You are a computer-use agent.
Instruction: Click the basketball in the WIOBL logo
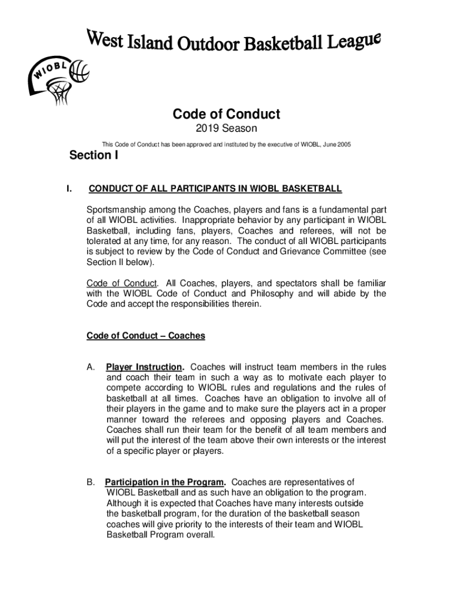point(78,72)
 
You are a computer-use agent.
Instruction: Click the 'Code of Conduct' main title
point(226,113)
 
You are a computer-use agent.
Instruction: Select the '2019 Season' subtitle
point(226,129)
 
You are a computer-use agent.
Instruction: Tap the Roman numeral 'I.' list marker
point(69,189)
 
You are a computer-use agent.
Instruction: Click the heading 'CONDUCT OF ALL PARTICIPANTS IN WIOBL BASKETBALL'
point(215,189)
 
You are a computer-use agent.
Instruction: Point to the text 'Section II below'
point(112,262)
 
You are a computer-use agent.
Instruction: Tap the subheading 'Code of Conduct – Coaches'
point(146,336)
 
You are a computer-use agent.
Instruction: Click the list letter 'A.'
point(91,367)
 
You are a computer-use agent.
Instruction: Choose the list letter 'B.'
point(91,483)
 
